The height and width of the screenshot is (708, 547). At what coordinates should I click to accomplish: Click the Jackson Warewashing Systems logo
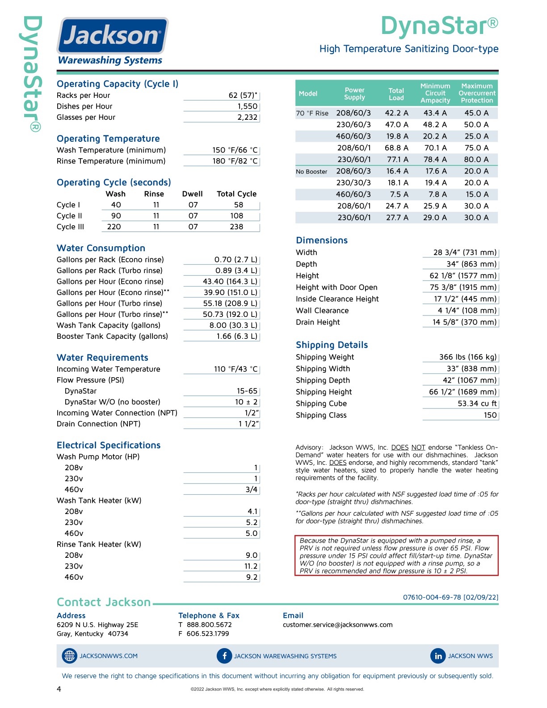click(112, 41)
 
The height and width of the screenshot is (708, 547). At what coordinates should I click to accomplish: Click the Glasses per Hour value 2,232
click(247, 117)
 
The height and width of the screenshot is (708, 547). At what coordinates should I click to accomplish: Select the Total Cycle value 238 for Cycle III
click(236, 227)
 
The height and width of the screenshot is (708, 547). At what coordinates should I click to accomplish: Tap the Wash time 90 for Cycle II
click(116, 215)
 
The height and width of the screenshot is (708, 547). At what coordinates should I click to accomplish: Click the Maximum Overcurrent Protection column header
click(477, 93)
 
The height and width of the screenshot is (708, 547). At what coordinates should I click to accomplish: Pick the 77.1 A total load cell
click(397, 159)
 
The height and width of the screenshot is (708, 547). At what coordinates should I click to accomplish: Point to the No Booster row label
click(311, 171)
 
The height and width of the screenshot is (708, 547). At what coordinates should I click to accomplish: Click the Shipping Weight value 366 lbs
click(467, 357)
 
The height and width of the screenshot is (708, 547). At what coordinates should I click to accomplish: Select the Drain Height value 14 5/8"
click(464, 322)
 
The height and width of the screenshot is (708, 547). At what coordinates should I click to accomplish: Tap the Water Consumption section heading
click(101, 248)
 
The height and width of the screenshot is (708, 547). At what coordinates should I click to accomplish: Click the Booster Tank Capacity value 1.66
click(236, 336)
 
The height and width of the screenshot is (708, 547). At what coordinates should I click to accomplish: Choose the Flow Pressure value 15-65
click(247, 391)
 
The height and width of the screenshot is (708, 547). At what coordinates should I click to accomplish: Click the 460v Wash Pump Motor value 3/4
click(252, 489)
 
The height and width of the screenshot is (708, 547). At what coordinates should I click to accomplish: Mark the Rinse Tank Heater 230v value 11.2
click(251, 566)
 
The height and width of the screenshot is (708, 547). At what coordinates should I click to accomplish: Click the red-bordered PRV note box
click(396, 555)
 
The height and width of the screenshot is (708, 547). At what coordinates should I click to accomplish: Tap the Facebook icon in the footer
click(224, 656)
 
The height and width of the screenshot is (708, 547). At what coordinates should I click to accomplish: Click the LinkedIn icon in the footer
click(438, 656)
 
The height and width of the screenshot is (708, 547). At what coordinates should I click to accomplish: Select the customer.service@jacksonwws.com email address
click(337, 624)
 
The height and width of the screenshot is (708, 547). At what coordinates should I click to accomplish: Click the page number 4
click(59, 689)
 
